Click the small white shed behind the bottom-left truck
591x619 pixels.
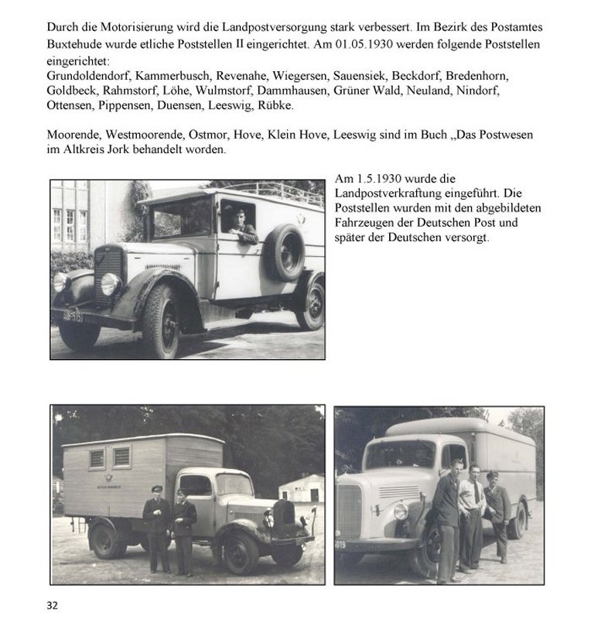tap(302, 488)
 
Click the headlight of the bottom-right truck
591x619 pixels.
tap(401, 511)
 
